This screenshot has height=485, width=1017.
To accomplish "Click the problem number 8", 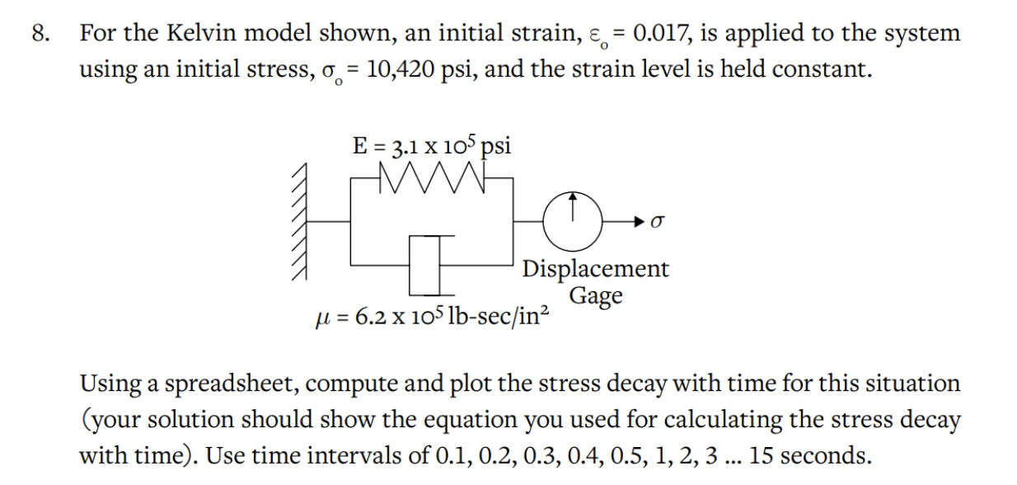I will point(40,34).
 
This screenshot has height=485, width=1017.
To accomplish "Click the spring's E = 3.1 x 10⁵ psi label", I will point(432,147).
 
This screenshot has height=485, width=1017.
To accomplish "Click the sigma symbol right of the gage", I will point(657,222).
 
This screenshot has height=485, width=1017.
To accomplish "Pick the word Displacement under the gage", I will point(596,269).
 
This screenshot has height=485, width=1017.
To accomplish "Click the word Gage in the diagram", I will point(596,295).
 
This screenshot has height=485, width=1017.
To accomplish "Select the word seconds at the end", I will point(828,455).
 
